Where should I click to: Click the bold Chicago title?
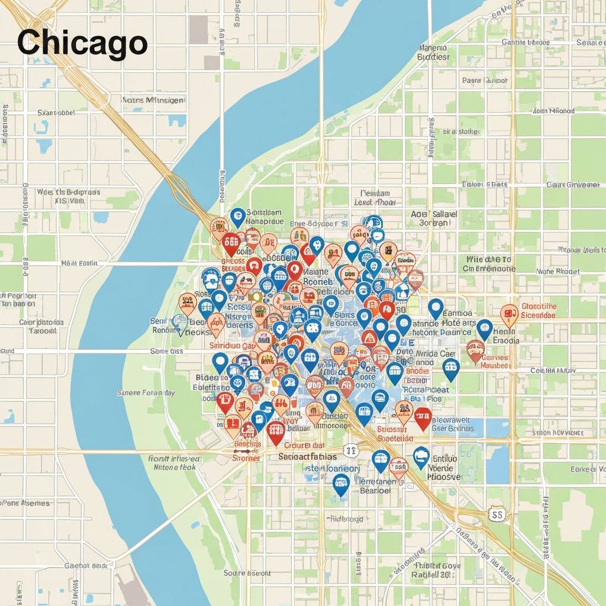click(x=82, y=43)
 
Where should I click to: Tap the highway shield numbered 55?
click(x=497, y=514)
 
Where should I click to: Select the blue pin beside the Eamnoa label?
click(x=436, y=308)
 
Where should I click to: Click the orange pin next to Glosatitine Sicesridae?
click(x=509, y=314)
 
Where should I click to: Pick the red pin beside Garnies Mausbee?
click(x=475, y=350)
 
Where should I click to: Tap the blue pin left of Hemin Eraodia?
click(x=485, y=329)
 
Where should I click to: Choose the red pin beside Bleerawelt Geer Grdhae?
click(x=422, y=417)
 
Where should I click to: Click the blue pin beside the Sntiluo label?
click(x=421, y=457)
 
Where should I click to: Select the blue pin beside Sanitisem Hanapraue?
click(x=237, y=217)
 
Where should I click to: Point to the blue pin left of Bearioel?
click(x=341, y=483)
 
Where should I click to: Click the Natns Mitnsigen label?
click(x=152, y=101)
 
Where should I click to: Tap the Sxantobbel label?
click(x=56, y=112)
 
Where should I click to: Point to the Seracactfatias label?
click(x=307, y=456)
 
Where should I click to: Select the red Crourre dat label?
click(x=304, y=445)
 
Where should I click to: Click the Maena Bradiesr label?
click(x=433, y=53)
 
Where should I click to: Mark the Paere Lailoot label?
click(x=485, y=80)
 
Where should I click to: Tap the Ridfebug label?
click(x=346, y=518)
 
